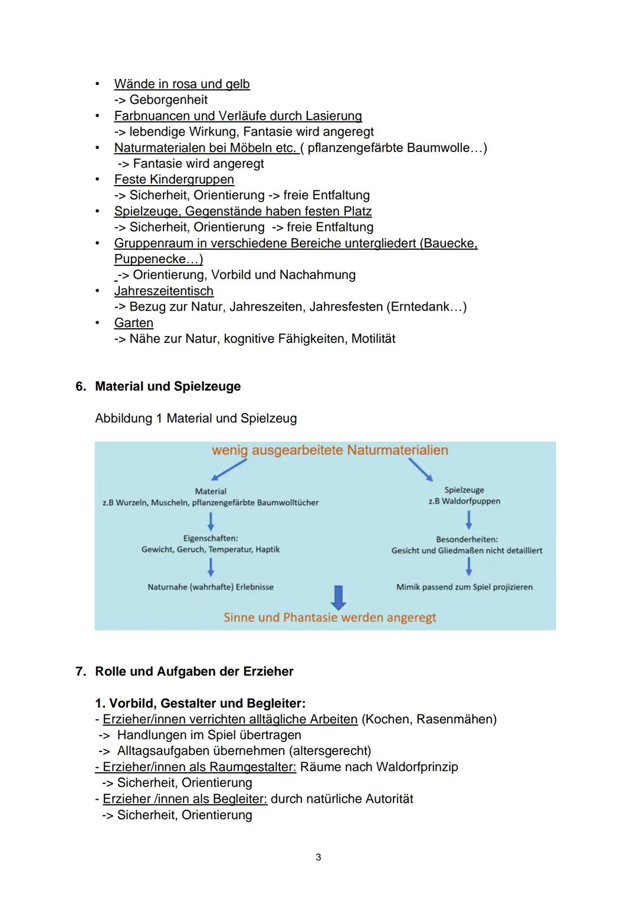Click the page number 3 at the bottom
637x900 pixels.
pos(318,857)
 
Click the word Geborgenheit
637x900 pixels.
pos(168,100)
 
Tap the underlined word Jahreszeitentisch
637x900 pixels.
pos(163,291)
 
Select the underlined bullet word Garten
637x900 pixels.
pos(133,323)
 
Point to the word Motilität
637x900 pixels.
pos(373,339)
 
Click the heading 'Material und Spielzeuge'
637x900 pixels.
pos(168,387)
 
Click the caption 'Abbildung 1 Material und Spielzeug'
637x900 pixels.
pos(196,418)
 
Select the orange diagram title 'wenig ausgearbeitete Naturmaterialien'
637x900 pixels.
pos(330,450)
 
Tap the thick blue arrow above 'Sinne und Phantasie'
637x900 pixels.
pos(338,597)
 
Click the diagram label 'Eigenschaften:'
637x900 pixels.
pos(211,538)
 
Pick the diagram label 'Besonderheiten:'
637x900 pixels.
pos(467,539)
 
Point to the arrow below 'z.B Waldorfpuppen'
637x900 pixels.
pos(468,520)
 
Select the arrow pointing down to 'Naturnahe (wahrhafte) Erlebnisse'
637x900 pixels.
pos(211,567)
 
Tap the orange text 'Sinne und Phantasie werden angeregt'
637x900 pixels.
pos(330,618)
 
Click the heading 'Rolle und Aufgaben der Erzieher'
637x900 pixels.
pos(194,672)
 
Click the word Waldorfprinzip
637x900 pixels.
pos(416,767)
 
